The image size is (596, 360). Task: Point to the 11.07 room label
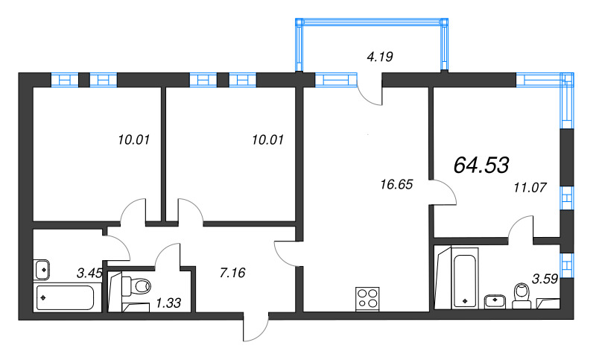530,188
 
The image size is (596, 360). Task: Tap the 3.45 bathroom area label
89,273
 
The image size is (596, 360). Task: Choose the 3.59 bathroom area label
545,280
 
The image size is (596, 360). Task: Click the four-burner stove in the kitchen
367,298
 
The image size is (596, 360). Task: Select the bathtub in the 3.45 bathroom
65,297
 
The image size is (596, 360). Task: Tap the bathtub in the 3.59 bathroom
463,280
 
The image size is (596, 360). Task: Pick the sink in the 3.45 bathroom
42,268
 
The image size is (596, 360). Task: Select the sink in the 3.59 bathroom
494,300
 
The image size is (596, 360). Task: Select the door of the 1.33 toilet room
166,258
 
